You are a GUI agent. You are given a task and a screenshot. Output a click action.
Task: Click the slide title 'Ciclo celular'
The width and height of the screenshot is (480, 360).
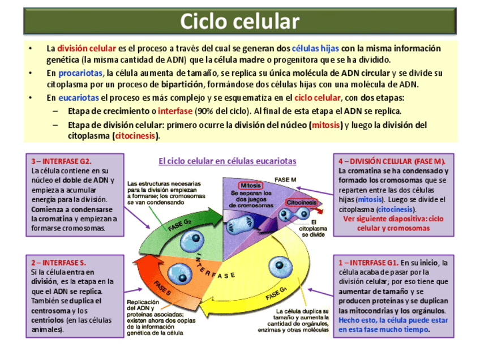[x=239, y=21]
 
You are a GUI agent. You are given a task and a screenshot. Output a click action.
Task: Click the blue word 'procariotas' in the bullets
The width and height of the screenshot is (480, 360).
[x=80, y=74]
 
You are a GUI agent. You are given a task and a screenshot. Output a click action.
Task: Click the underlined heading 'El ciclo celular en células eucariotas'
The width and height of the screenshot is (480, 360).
[x=227, y=161]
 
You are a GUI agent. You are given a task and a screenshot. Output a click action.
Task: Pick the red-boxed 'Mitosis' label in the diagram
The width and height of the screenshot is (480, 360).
[x=250, y=186]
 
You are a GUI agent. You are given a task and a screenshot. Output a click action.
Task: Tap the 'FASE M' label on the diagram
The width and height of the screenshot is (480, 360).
[x=286, y=179]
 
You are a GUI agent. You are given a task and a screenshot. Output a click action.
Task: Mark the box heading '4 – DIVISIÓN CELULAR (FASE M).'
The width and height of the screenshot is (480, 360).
[x=392, y=161]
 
